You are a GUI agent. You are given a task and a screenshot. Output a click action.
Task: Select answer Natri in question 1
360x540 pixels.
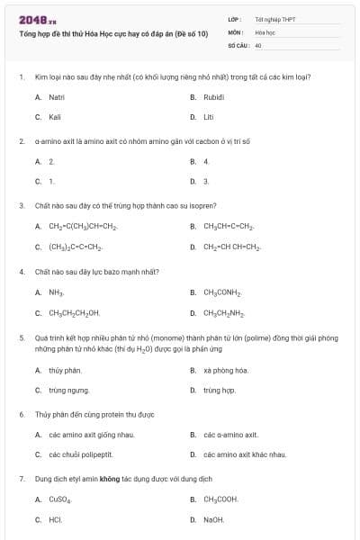pos(57,96)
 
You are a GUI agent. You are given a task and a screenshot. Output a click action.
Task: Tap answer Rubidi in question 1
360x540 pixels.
pos(214,96)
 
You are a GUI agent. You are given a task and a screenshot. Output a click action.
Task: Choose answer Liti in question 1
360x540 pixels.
pos(209,117)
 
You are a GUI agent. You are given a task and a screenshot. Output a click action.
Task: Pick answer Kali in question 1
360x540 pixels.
pos(55,117)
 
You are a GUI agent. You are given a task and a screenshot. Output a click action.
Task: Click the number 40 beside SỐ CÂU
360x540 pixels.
pos(258,44)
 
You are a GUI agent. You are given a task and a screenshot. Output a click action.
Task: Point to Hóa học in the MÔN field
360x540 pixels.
pos(265,31)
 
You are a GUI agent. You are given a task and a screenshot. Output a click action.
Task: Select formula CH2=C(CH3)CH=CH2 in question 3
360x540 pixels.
pos(84,226)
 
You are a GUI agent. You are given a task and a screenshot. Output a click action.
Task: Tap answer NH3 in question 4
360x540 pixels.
pos(56,292)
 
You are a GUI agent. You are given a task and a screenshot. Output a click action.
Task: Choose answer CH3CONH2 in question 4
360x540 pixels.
pos(220,292)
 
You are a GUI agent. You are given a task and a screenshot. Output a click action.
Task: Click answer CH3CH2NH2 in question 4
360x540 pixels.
pos(222,313)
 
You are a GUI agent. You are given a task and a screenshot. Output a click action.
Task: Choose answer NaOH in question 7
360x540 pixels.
pos(213,519)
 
